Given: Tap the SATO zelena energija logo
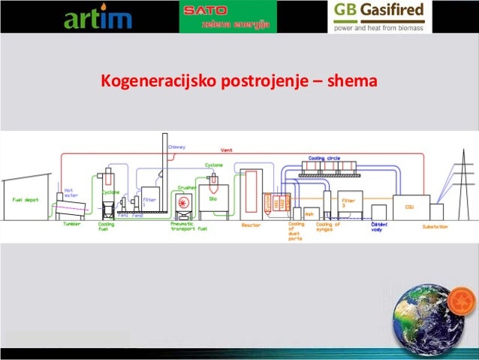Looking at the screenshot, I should tap(226, 17).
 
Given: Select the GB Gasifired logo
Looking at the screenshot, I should tap(378, 17).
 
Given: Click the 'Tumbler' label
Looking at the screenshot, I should tap(71, 224).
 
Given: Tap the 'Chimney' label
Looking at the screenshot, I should tap(177, 147).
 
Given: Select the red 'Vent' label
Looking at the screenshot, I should tap(226, 149).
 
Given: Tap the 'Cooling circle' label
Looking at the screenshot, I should tap(324, 159).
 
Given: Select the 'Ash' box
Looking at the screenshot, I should tap(309, 213).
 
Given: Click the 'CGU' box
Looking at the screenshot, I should tap(409, 205).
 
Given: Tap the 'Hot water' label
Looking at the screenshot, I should tap(69, 194).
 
